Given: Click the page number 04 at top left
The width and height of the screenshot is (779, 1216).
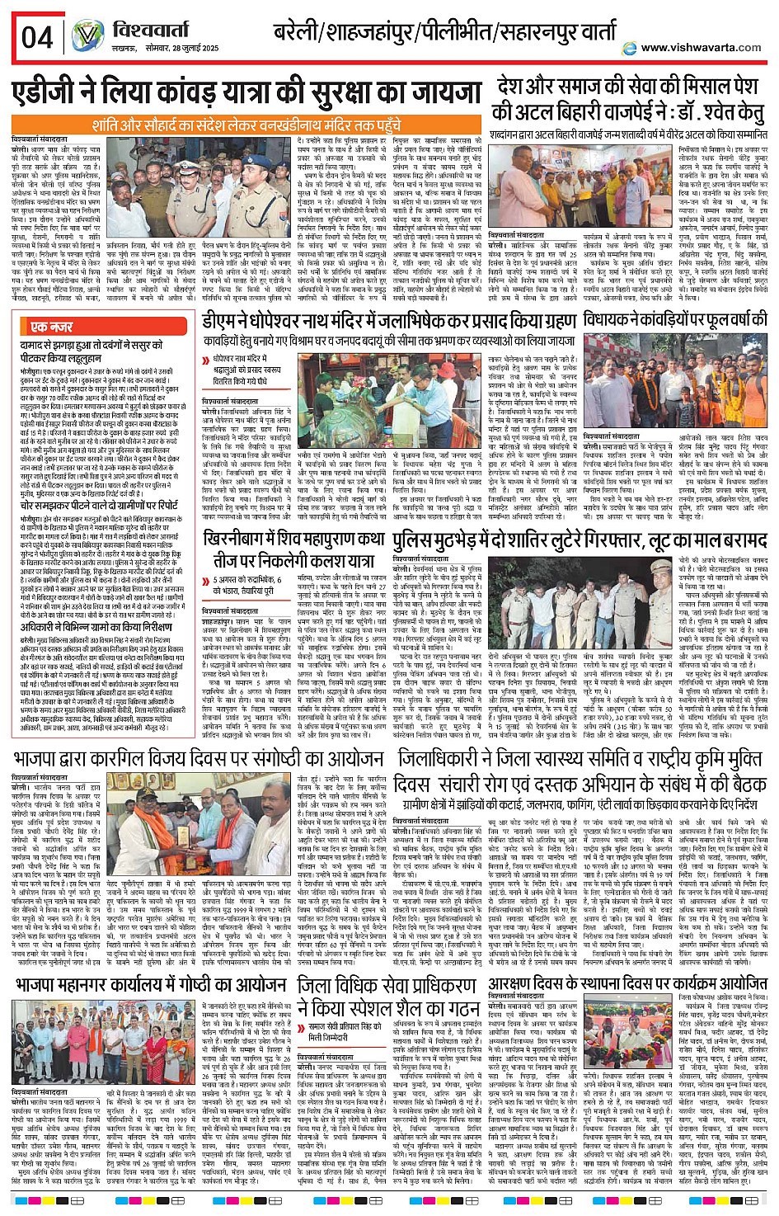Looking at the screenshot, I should pos(37,37).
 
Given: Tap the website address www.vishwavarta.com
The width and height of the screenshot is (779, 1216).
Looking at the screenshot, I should pos(702,48).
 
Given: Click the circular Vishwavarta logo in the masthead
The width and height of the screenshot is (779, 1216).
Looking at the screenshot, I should pos(87,37).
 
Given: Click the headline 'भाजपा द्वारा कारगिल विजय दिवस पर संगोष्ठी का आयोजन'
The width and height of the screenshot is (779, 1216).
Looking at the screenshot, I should pos(199,758).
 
